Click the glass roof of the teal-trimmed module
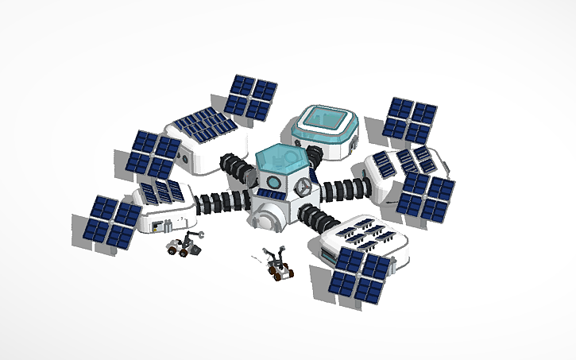pyautogui.click(x=324, y=119)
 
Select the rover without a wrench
pyautogui.click(x=278, y=265)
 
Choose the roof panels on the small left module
pyautogui.click(x=163, y=191)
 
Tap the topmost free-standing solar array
pyautogui.click(x=250, y=96)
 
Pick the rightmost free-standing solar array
pyautogui.click(x=426, y=194)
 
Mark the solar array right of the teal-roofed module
pyautogui.click(x=408, y=119)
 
